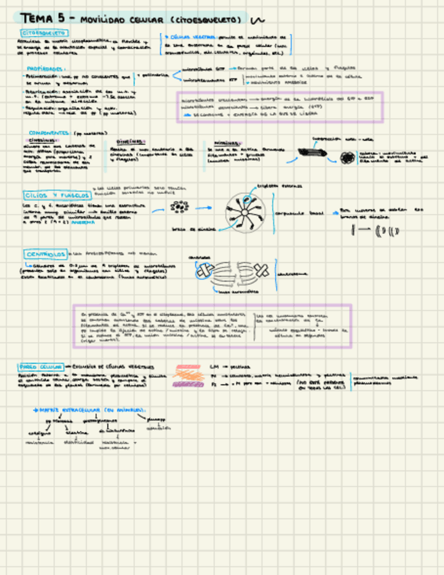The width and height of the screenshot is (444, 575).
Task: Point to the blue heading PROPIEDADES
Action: (x=47, y=69)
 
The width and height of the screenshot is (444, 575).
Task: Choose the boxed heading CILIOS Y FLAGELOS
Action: (x=53, y=195)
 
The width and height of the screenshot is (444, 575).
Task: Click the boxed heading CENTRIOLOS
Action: (x=45, y=254)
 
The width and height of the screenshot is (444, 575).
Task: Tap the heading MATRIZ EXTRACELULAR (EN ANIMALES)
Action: (x=91, y=410)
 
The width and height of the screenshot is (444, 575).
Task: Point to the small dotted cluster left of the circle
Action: (x=179, y=208)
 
